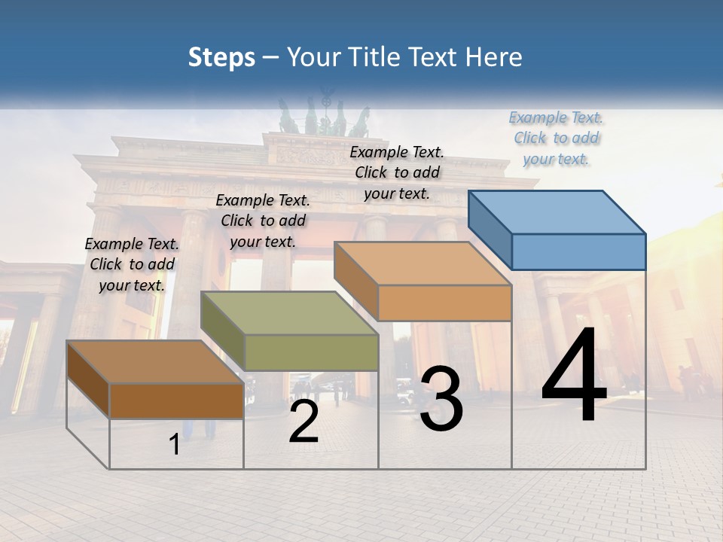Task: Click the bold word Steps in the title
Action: pos(221,57)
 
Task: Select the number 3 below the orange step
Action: pos(441,399)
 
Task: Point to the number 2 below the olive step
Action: pos(304,422)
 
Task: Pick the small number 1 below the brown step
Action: pos(175,445)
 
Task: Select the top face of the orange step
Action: pos(423,263)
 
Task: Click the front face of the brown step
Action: pos(176,400)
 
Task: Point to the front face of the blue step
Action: pos(578,251)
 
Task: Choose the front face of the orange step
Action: pos(444,303)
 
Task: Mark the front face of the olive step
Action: pos(311,352)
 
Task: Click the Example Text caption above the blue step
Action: pos(556,138)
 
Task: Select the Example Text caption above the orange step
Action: pos(397,172)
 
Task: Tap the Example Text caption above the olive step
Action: pos(263,221)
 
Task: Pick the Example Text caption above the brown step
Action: pos(132,264)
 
